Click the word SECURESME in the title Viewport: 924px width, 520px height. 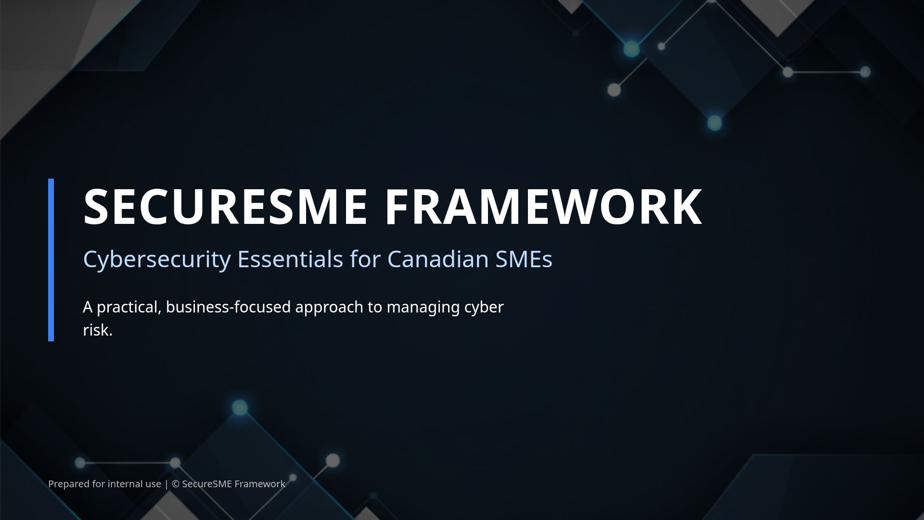pos(225,207)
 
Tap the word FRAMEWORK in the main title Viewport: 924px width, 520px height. pos(543,207)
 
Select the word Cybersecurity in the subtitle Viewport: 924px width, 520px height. pos(157,259)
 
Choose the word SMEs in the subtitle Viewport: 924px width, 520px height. pos(524,259)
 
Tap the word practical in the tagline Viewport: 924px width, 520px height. pos(128,307)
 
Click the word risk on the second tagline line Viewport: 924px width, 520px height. pos(96,330)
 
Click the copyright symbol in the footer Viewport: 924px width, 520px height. pos(175,484)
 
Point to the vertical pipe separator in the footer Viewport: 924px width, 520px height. pos(167,484)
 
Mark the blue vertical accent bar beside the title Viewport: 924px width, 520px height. pos(51,260)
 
